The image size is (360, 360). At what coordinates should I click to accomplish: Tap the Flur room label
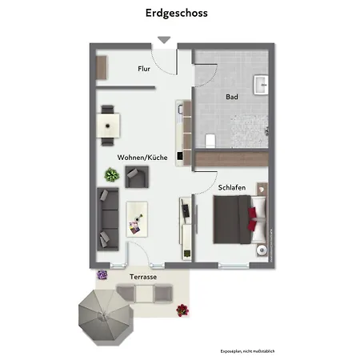(x=144, y=69)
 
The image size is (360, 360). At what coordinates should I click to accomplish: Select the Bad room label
(x=232, y=97)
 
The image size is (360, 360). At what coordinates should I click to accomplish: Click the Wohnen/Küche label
(x=142, y=158)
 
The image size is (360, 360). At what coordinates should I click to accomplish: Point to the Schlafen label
(x=232, y=187)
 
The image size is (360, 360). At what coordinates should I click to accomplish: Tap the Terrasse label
(x=142, y=276)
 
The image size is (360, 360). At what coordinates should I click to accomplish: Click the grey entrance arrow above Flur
(x=163, y=40)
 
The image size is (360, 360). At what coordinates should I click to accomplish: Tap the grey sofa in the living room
(x=107, y=217)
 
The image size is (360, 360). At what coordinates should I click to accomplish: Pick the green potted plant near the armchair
(x=110, y=175)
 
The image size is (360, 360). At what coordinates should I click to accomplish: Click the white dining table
(x=108, y=125)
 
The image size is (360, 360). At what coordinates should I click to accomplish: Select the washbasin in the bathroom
(x=261, y=83)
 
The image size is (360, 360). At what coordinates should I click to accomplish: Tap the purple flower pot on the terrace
(x=102, y=275)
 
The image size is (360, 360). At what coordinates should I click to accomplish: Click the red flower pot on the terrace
(x=183, y=309)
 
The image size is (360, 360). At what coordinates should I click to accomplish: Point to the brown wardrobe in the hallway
(x=102, y=67)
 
